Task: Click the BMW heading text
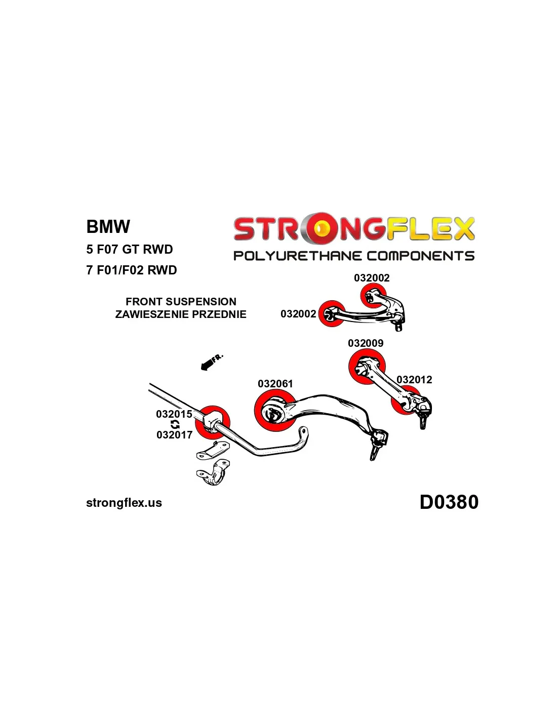tap(108, 227)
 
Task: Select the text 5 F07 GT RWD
tap(130, 250)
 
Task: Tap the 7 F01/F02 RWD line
tap(132, 270)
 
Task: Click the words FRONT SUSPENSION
tap(181, 302)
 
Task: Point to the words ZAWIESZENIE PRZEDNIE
tap(181, 314)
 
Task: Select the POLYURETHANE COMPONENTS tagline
tap(354, 256)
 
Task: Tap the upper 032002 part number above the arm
tap(372, 278)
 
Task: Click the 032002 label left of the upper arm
tap(298, 314)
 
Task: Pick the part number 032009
tap(366, 343)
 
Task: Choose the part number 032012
tap(414, 380)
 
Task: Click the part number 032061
tap(275, 384)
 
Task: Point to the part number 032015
tap(174, 414)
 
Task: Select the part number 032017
tap(174, 435)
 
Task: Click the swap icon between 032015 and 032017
tap(175, 424)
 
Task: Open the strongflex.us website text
tap(124, 503)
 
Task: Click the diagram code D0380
tap(449, 502)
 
